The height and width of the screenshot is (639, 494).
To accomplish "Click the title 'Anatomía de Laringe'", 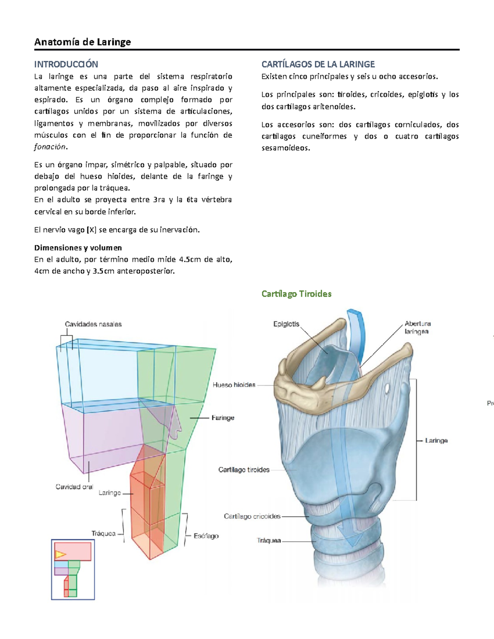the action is (82, 42).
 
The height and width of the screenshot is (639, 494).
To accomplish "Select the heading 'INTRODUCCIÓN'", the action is (66, 64).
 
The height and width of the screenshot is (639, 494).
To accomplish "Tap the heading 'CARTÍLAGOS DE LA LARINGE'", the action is (318, 64).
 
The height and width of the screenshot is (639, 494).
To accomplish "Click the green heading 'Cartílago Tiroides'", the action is (296, 294).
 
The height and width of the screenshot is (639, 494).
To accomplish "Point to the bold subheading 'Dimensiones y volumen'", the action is (78, 248).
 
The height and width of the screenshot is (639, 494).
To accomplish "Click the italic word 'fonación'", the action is (50, 147).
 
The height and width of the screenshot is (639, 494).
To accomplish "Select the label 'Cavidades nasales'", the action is (93, 324).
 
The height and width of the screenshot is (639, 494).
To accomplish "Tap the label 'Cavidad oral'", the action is (74, 487).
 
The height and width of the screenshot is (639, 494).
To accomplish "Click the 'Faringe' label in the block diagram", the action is (223, 418).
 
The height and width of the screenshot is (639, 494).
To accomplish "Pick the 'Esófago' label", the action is (206, 536).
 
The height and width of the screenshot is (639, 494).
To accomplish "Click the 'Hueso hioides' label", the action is (234, 385).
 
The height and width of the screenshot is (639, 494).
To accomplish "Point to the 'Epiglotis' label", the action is (286, 324).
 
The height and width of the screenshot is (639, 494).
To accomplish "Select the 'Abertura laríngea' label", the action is (417, 328).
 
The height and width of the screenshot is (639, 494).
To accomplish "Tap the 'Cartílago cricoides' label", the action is (252, 516).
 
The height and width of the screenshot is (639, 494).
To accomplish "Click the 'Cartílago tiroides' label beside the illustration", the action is (244, 469).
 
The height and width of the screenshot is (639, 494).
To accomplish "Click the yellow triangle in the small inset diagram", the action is (60, 555).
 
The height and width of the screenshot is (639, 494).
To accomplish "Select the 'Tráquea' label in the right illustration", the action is (269, 540).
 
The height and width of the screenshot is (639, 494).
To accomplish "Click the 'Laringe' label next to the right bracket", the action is (436, 440).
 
